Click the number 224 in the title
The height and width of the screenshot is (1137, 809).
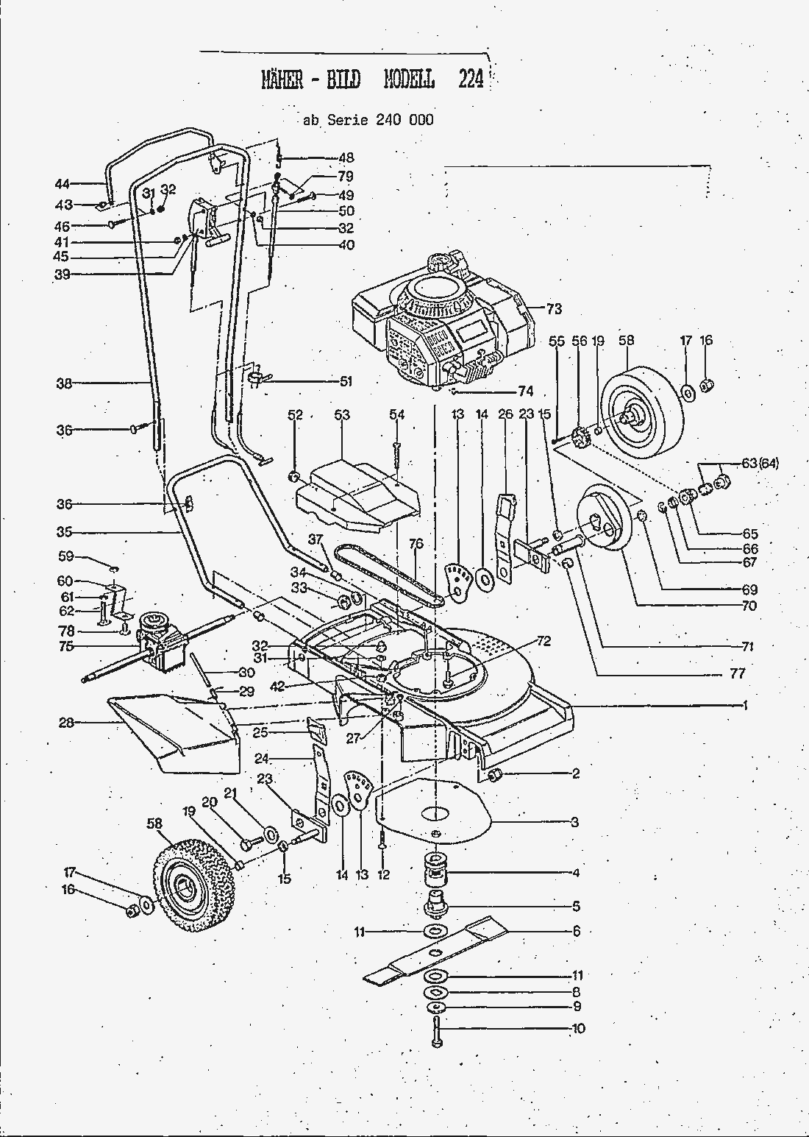471,79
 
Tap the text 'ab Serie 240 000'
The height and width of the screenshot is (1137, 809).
368,120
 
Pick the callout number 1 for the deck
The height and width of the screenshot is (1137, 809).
745,705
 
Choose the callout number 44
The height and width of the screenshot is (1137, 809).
62,183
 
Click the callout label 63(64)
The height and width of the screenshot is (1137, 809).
759,463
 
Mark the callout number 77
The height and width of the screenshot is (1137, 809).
738,673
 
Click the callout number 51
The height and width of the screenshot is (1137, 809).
346,381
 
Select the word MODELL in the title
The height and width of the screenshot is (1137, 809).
409,79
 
